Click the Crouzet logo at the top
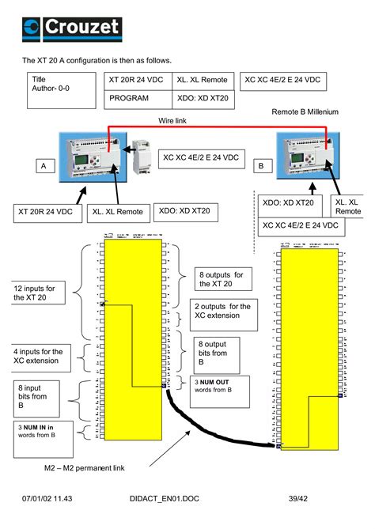coord(72,28)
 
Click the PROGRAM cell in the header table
coord(129,99)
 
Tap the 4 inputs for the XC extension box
coord(41,355)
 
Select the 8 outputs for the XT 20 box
coord(225,278)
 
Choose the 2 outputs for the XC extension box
coord(224,314)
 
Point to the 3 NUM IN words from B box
coord(44,431)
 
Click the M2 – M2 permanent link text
coord(84,468)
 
